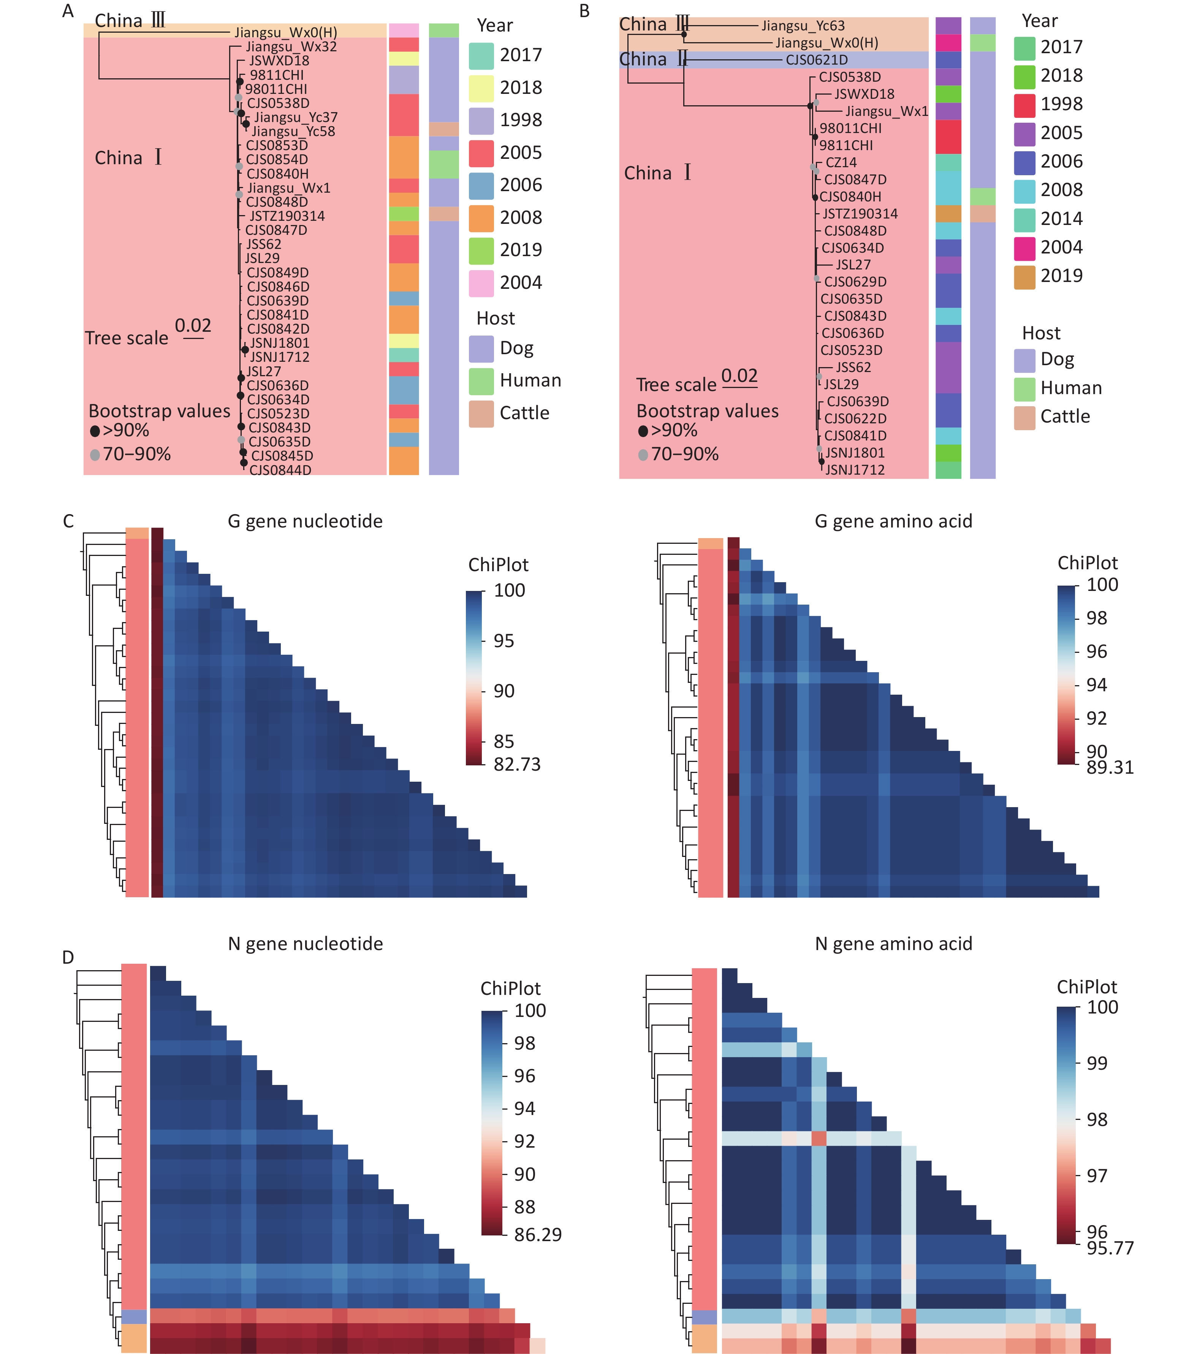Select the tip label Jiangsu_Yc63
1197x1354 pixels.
pyautogui.click(x=803, y=26)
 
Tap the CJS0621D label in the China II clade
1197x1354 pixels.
pyautogui.click(x=816, y=60)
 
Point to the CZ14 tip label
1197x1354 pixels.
pyautogui.click(x=841, y=162)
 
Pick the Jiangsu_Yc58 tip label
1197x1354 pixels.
pyautogui.click(x=293, y=131)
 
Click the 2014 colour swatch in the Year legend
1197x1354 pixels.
pyautogui.click(x=1024, y=219)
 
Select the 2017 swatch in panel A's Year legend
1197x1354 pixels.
pyautogui.click(x=481, y=55)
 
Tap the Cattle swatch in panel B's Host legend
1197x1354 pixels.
pyautogui.click(x=1024, y=417)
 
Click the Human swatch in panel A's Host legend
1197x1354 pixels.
pyautogui.click(x=481, y=381)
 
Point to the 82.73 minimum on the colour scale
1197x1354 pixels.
pyautogui.click(x=517, y=765)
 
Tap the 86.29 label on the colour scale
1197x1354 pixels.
pyautogui.click(x=537, y=1235)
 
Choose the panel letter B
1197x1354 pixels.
pyautogui.click(x=584, y=11)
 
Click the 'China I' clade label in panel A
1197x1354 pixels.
pyautogui.click(x=128, y=158)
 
